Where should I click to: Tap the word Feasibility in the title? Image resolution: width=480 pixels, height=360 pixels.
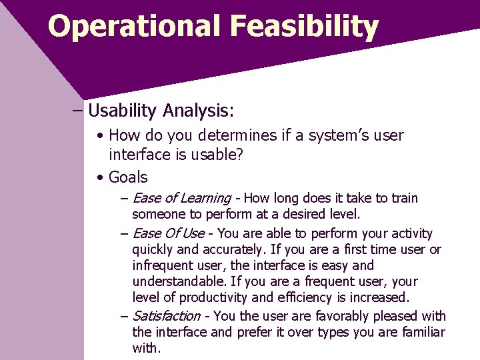pos(304,27)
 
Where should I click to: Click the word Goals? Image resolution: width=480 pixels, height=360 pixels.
pos(128,177)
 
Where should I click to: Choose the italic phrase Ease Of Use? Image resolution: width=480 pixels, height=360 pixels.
pos(168,233)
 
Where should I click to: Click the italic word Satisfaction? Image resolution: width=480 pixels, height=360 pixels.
pos(167,316)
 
